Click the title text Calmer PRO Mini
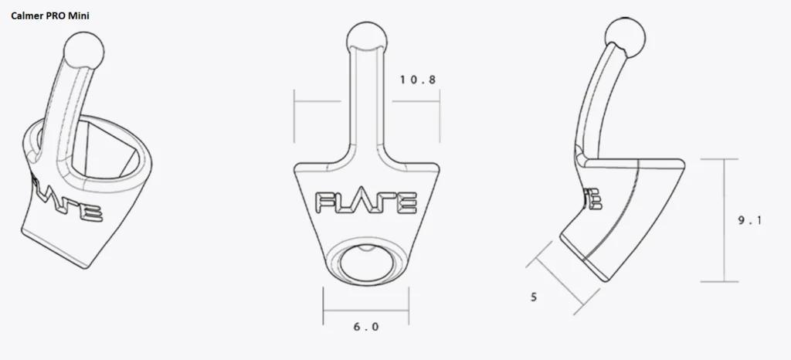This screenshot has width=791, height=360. pos(50,16)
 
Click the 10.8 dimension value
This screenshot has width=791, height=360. pos(418,80)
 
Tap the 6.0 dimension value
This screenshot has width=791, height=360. pos(365,327)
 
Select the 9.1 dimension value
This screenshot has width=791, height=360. pos(749,220)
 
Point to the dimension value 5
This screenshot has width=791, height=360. pos(534,297)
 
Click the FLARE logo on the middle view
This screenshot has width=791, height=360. pos(366,202)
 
